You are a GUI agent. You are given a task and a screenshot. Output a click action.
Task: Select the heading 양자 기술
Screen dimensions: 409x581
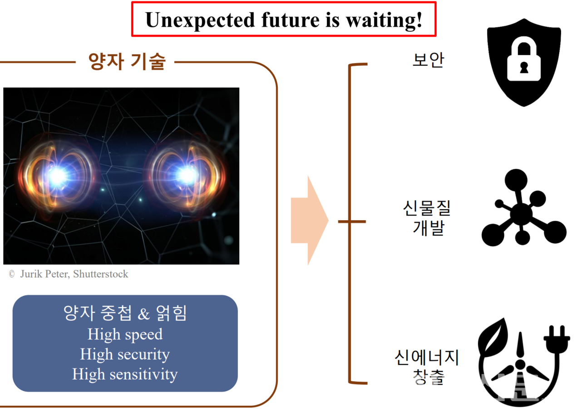pyautogui.click(x=127, y=61)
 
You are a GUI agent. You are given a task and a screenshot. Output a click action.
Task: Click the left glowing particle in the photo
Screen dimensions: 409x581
pyautogui.click(x=58, y=176)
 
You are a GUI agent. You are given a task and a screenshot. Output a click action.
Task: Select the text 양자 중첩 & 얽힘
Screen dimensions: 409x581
pyautogui.click(x=125, y=313)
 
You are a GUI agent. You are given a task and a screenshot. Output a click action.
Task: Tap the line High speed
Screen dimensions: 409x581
pyautogui.click(x=125, y=335)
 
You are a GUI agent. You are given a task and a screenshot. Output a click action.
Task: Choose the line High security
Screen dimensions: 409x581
pyautogui.click(x=125, y=355)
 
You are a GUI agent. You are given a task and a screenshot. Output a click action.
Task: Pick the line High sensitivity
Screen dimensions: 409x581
pyautogui.click(x=125, y=375)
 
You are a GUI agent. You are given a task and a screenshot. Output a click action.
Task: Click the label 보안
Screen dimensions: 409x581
pyautogui.click(x=428, y=60)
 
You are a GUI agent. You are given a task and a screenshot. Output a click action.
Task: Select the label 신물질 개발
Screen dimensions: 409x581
pyautogui.click(x=428, y=218)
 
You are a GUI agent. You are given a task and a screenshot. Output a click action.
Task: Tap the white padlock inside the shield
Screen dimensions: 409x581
pyautogui.click(x=524, y=63)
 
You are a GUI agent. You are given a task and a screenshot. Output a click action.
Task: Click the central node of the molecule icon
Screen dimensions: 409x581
pyautogui.click(x=521, y=213)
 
